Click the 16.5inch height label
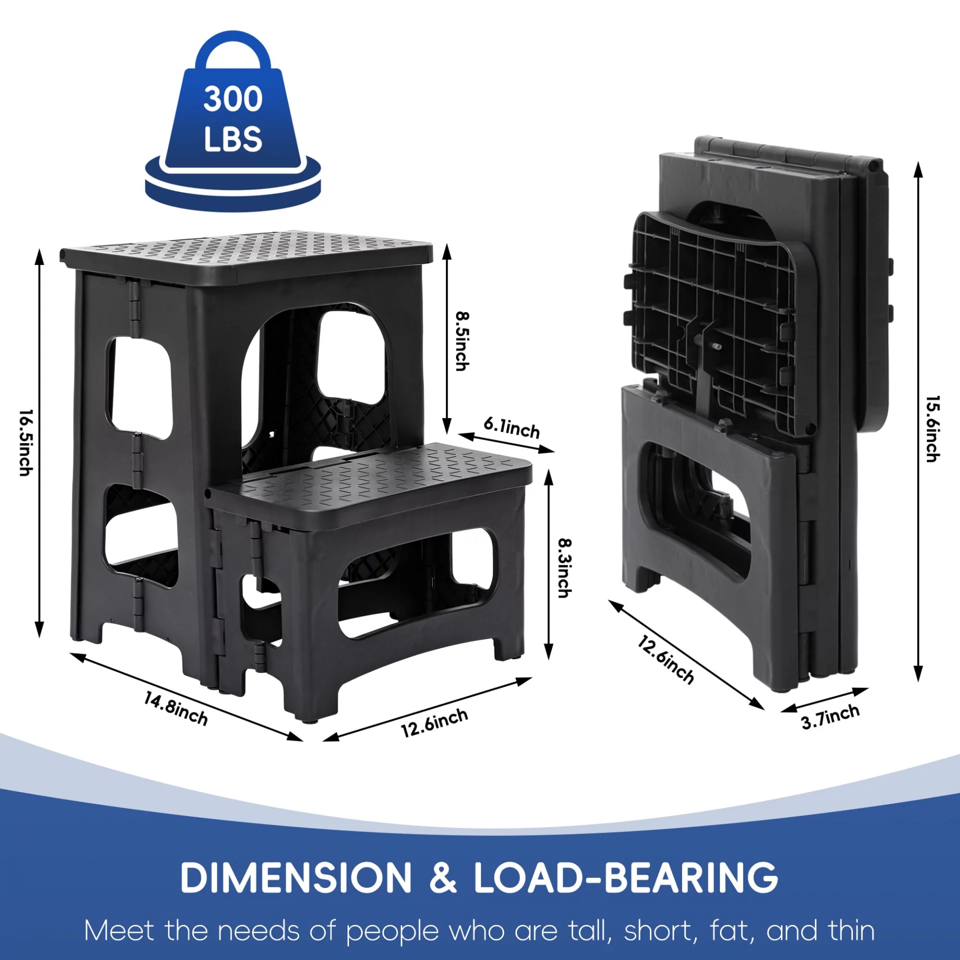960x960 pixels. tap(26, 443)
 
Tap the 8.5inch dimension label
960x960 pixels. tap(462, 341)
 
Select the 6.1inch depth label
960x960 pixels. tap(511, 427)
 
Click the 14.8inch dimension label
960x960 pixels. tap(175, 708)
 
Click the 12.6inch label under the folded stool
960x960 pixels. tap(665, 660)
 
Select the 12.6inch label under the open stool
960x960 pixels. tap(434, 723)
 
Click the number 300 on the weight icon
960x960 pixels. tap(233, 98)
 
